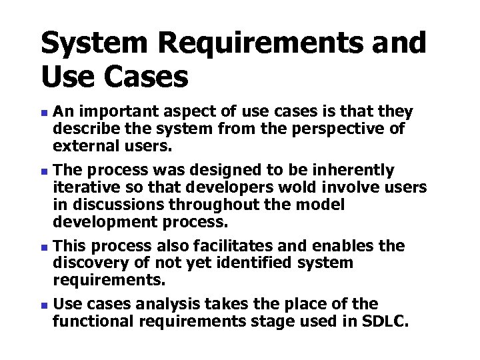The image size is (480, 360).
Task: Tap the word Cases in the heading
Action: (145, 78)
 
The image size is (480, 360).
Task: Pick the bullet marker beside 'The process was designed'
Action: (45, 170)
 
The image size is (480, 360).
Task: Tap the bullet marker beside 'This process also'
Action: (45, 247)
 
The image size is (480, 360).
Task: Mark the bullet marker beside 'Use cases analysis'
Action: (45, 305)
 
